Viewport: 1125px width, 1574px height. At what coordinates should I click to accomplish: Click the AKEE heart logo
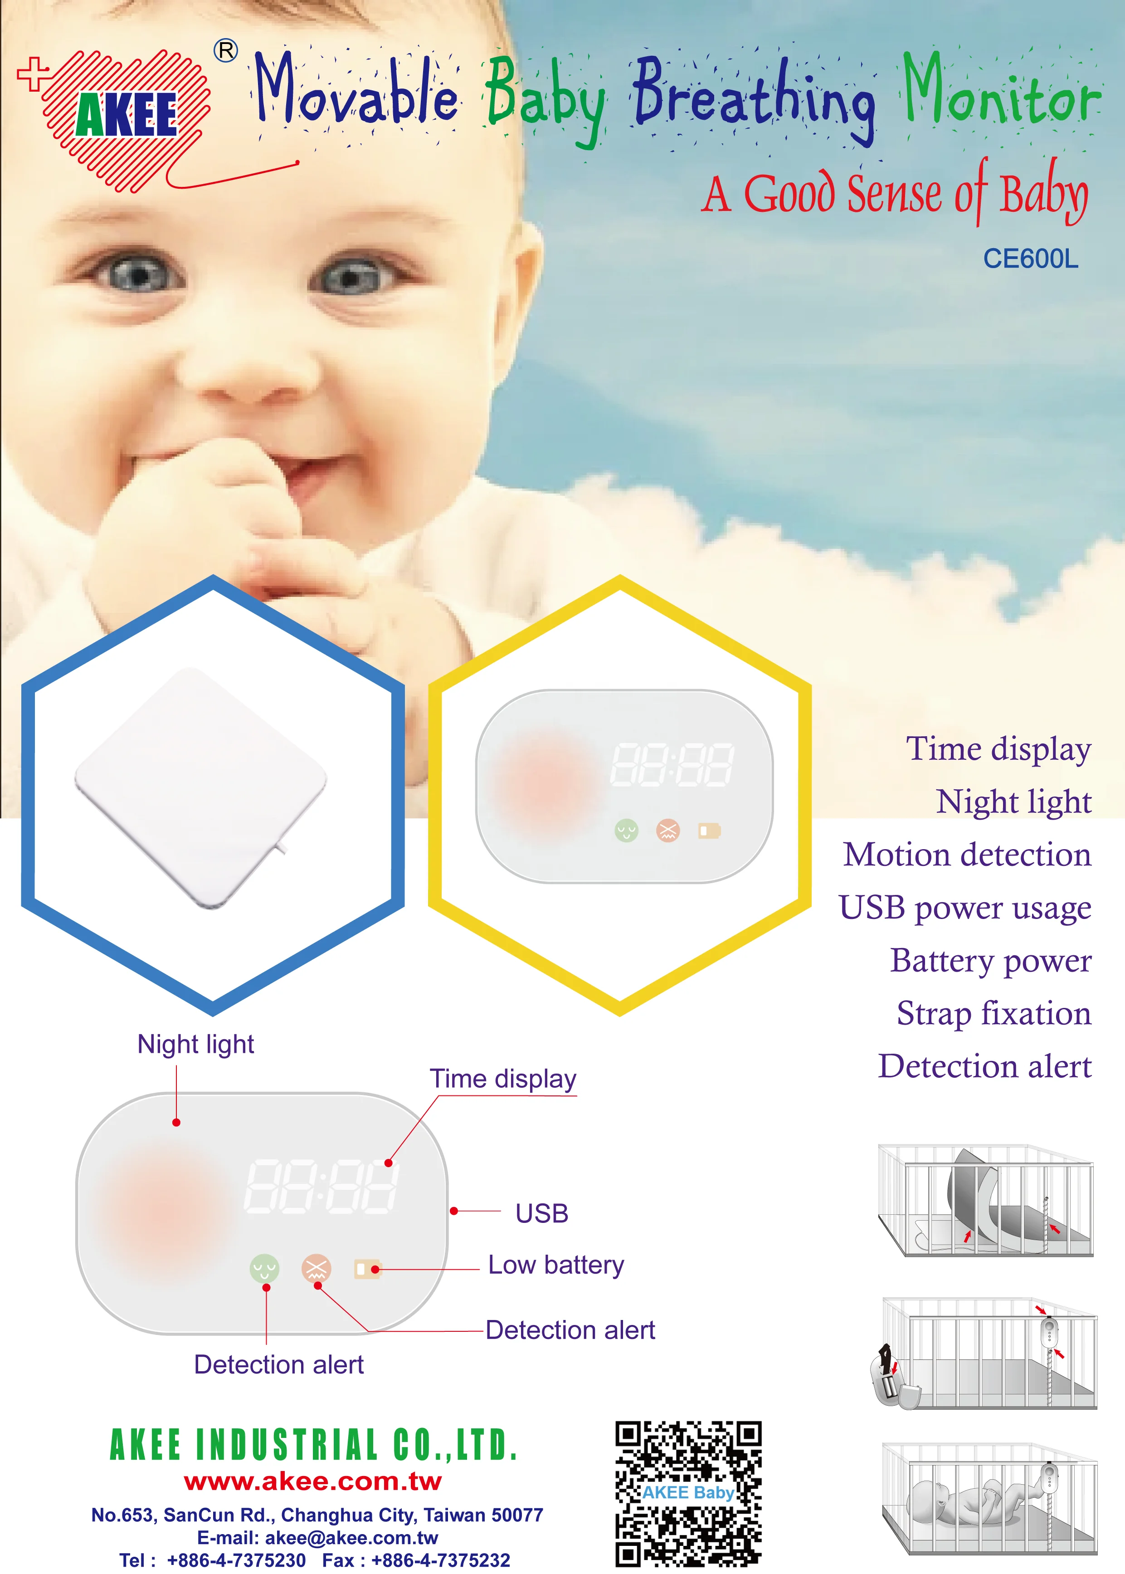[x=125, y=118]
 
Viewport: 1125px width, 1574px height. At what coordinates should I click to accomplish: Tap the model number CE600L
[x=1030, y=259]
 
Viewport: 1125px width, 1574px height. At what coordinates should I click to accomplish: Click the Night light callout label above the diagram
[x=195, y=1044]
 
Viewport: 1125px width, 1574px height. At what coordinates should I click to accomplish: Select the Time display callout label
[x=503, y=1079]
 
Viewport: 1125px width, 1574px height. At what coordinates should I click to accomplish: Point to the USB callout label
[x=542, y=1214]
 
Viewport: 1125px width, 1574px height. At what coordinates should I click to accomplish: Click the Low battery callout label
[x=555, y=1265]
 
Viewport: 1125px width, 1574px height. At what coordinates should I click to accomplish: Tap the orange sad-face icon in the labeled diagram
[x=317, y=1268]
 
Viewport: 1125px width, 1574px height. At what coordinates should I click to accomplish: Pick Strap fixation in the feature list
[x=994, y=1013]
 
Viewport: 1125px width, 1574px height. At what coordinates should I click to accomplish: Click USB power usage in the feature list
[x=964, y=908]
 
